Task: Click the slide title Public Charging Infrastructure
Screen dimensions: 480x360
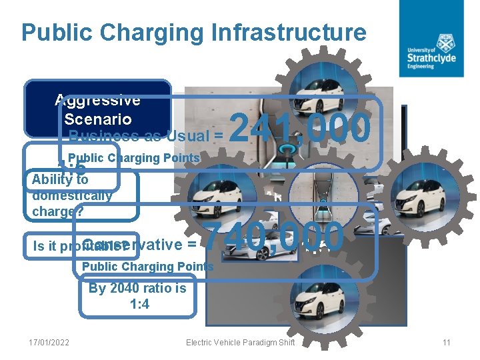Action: click(x=193, y=33)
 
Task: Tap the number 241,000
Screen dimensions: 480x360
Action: click(x=300, y=129)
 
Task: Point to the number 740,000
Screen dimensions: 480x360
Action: click(x=273, y=238)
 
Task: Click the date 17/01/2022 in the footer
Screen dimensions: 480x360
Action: click(x=49, y=343)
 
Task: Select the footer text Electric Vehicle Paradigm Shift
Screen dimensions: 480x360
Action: click(x=240, y=343)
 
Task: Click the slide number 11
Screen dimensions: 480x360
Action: click(x=447, y=343)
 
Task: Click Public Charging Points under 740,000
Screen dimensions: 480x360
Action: click(x=147, y=267)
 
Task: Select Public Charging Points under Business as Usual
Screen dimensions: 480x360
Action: click(x=138, y=159)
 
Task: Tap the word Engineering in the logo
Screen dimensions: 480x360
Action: click(x=421, y=66)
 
